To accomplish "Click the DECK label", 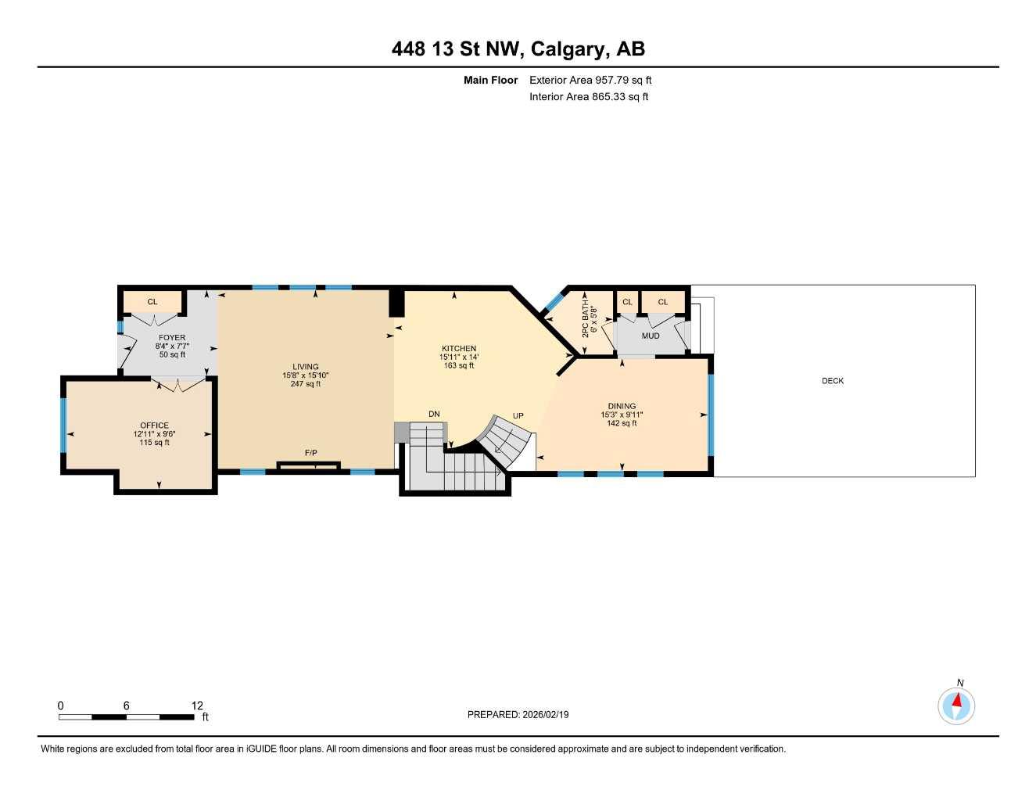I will [833, 381].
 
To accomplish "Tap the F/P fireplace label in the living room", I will [310, 453].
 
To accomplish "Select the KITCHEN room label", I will [458, 349].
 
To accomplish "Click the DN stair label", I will [434, 414].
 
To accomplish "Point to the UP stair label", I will [518, 415].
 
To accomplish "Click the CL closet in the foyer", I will [152, 302].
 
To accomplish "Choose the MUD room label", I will [651, 336].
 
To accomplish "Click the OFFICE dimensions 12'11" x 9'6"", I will [154, 434].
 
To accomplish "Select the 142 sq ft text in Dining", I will [622, 423].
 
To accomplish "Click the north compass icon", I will [956, 706].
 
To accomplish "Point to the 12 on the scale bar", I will [197, 706].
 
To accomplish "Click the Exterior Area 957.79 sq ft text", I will [590, 80].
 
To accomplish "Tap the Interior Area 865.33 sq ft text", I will [589, 97].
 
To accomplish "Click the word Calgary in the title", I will [568, 49].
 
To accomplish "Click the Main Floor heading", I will [490, 80].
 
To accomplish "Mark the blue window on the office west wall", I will [63, 425].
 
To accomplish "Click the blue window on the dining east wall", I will [711, 415].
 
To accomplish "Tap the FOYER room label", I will [172, 338].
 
